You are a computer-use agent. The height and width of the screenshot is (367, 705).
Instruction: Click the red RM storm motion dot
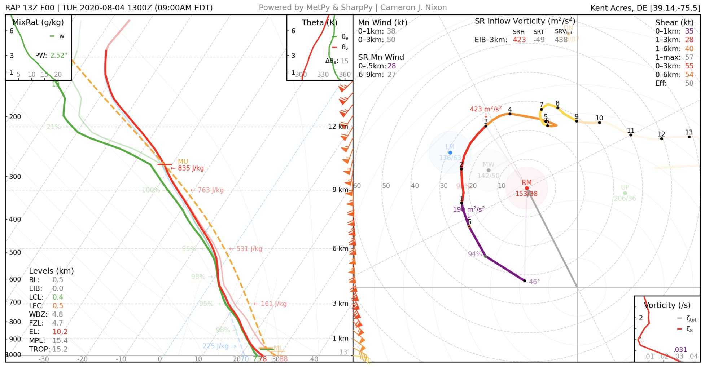(x=527, y=188)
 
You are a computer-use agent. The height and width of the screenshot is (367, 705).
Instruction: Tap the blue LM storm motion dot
(x=450, y=152)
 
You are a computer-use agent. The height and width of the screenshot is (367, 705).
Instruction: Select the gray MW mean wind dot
(x=489, y=170)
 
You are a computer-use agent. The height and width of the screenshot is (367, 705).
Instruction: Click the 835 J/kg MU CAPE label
(x=191, y=168)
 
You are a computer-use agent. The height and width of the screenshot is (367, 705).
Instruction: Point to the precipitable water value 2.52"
(x=58, y=56)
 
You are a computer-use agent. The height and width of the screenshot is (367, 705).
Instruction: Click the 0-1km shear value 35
(x=689, y=31)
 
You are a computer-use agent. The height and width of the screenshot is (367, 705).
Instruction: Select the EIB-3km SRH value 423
(x=519, y=40)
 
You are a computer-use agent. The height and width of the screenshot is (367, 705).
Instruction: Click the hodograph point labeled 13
(x=689, y=137)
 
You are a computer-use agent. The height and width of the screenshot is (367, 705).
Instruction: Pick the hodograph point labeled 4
(x=510, y=114)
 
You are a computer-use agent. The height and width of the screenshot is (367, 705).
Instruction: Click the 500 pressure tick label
(x=15, y=252)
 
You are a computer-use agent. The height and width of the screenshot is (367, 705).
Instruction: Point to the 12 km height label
(x=338, y=127)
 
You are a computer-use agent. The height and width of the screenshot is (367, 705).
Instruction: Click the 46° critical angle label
(x=534, y=282)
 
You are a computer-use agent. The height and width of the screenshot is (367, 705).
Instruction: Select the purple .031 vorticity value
(x=680, y=350)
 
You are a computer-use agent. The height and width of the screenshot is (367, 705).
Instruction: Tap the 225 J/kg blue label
(x=216, y=346)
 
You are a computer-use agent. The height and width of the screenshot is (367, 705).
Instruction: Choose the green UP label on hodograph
(x=625, y=187)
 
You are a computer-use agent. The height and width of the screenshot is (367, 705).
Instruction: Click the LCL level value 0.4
(x=58, y=297)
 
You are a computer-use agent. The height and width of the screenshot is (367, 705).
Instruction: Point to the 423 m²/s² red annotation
(x=485, y=109)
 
